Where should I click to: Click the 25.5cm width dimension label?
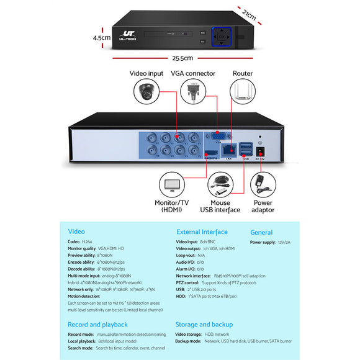pos(180,58)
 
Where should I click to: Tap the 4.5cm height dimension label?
pos(101,37)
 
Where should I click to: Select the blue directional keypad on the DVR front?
pos(222,37)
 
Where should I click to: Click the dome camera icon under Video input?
pos(146,94)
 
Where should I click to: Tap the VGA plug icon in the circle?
pos(192,94)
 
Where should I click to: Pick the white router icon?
pos(243,92)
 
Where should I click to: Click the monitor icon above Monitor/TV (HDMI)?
pos(173,185)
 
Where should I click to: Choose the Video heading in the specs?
pos(76,232)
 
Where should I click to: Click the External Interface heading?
pos(202,232)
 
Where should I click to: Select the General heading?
pos(261,232)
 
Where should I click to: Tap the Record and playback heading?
pos(97,324)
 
